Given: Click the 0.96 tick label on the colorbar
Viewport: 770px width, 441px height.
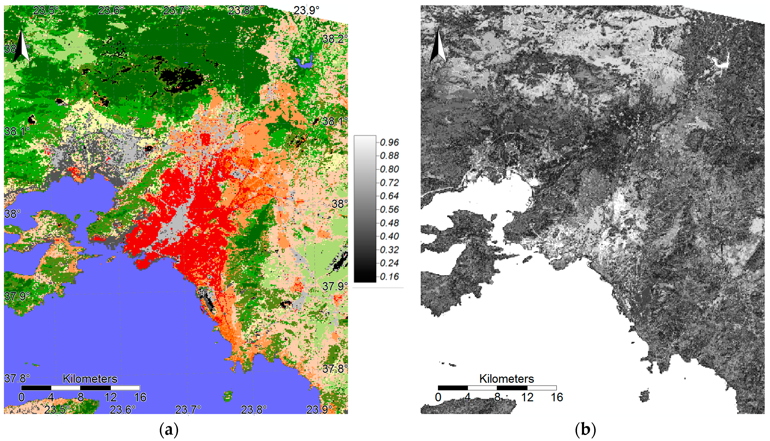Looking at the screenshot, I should coord(389,142).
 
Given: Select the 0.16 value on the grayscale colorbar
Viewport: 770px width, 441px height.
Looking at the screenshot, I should coord(389,277).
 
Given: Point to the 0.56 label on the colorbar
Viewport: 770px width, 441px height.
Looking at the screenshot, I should coord(389,209).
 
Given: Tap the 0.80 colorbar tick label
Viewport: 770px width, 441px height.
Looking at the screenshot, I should coord(389,169).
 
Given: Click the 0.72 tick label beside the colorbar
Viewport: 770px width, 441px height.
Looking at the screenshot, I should coord(389,183).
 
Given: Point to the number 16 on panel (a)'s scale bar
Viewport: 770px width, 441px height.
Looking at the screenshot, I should coord(140,397).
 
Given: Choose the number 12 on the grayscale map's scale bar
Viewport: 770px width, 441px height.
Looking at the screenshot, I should coord(527,397).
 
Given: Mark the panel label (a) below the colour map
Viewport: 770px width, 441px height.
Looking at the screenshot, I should coord(169,430).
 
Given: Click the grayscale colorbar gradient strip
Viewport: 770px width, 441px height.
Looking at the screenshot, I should coord(365,209).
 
